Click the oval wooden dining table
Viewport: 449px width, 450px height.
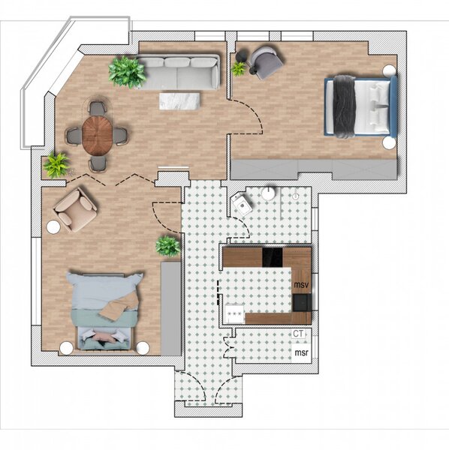(97, 134)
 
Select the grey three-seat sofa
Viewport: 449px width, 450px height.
(180, 73)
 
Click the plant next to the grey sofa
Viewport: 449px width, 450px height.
(127, 72)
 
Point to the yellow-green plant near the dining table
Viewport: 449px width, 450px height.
(56, 164)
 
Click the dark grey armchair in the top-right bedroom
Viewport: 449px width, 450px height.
(264, 61)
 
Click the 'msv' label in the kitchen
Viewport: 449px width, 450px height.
(302, 286)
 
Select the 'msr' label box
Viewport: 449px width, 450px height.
(301, 352)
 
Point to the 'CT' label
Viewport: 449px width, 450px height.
(300, 334)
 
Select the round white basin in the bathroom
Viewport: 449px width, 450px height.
(268, 193)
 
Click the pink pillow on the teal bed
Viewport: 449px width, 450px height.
(104, 338)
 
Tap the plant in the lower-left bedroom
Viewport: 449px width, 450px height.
(168, 244)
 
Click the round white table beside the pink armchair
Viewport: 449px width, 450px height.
(55, 226)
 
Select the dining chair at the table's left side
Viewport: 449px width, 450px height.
(74, 136)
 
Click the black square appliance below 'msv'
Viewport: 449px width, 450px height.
(302, 302)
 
